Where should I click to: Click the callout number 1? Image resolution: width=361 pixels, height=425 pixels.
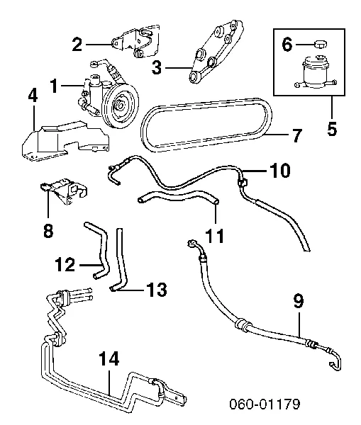coord(53,87)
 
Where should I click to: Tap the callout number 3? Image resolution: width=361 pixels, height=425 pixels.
coord(157,68)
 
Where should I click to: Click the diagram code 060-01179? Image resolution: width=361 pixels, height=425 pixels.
coord(265,405)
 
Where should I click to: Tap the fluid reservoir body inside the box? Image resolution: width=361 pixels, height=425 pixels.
coord(313,76)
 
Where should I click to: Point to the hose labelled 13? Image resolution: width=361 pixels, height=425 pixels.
coord(122,262)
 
